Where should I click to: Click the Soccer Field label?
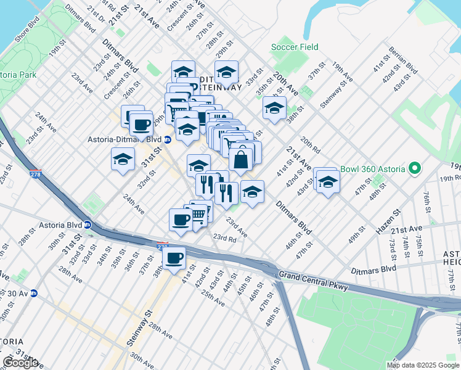tap(295, 47)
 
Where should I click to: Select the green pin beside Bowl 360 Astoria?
tap(415, 168)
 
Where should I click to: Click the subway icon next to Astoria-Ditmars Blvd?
tap(167, 139)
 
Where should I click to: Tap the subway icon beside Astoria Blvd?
tap(88, 224)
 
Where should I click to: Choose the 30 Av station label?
tap(14, 293)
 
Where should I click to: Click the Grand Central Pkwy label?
tap(314, 281)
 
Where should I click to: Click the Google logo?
tap(20, 363)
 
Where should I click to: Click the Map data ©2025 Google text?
tap(423, 365)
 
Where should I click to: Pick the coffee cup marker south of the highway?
tap(174, 257)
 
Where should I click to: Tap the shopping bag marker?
tap(241, 159)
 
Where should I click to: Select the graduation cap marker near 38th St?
tap(274, 109)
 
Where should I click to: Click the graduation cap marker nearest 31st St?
tap(123, 160)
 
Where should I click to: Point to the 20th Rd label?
tap(311, 146)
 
